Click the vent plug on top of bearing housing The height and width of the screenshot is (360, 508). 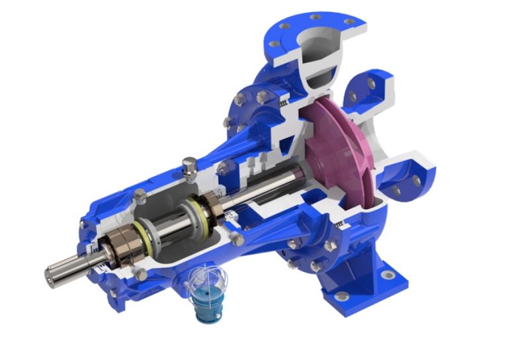pyautogui.click(x=189, y=165)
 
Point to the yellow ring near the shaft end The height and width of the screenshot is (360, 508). pyautogui.click(x=142, y=230)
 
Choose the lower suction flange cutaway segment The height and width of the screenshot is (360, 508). pyautogui.click(x=411, y=175)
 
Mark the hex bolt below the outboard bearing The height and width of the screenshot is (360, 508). pyautogui.click(x=141, y=273)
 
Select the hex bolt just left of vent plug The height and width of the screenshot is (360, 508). pyautogui.click(x=140, y=195)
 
